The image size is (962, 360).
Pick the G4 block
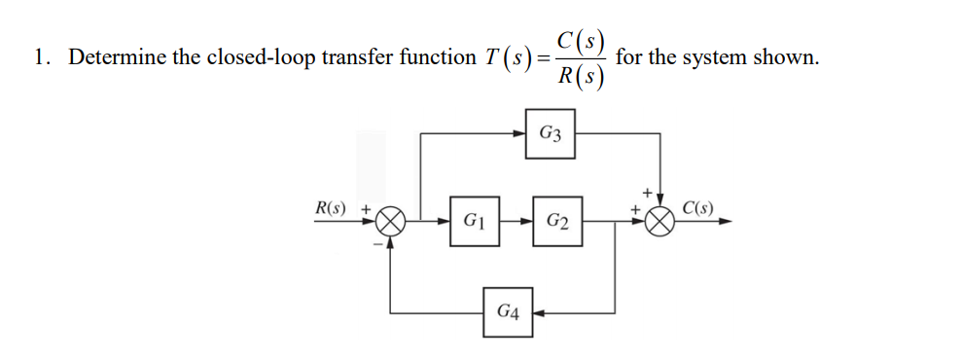click(x=507, y=313)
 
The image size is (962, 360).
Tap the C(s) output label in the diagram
click(x=697, y=207)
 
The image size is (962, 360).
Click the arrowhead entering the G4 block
click(x=538, y=313)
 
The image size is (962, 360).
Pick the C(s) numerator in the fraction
click(x=582, y=42)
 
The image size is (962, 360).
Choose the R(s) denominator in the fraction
click(x=582, y=77)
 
